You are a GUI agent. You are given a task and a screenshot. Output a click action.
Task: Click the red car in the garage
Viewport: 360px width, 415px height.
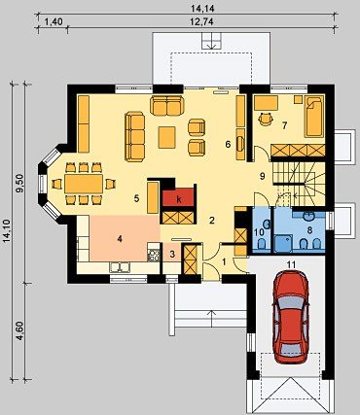pyautogui.click(x=291, y=318)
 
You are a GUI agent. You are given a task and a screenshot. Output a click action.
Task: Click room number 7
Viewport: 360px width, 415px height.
pyautogui.click(x=284, y=125)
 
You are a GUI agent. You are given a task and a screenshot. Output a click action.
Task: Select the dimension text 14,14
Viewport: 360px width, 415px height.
pyautogui.click(x=204, y=9)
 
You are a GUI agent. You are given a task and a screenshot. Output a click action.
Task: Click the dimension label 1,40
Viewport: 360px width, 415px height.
pyautogui.click(x=53, y=22)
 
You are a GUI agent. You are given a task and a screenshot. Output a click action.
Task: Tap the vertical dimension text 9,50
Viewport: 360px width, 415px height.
pyautogui.click(x=20, y=184)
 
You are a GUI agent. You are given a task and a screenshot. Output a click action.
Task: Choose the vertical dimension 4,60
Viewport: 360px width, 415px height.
pyautogui.click(x=20, y=330)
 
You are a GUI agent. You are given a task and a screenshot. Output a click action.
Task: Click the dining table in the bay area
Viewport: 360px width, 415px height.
pyautogui.click(x=84, y=184)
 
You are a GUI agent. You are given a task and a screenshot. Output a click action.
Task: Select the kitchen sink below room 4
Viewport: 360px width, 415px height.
pyautogui.click(x=120, y=267)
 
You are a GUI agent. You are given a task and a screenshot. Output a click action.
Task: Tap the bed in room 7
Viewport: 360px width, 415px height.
pyautogui.click(x=314, y=117)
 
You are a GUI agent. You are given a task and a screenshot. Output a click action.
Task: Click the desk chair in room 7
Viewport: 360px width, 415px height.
pyautogui.click(x=266, y=119)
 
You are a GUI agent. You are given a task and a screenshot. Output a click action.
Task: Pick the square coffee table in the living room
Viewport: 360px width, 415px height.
pyautogui.click(x=167, y=137)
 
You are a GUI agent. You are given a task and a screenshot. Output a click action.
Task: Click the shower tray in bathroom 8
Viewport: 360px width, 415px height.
pyautogui.click(x=283, y=244)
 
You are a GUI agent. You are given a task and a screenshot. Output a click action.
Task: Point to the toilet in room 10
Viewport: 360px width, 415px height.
pyautogui.click(x=262, y=244)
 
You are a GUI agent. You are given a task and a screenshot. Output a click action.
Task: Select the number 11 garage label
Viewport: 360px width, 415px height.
pyautogui.click(x=292, y=264)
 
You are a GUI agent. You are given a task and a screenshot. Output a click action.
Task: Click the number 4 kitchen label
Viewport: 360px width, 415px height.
pyautogui.click(x=120, y=239)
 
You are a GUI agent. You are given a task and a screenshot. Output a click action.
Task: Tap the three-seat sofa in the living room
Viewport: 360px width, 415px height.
pyautogui.click(x=135, y=136)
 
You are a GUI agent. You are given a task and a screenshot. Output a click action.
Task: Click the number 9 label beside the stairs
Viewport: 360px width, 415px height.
pyautogui.click(x=263, y=176)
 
